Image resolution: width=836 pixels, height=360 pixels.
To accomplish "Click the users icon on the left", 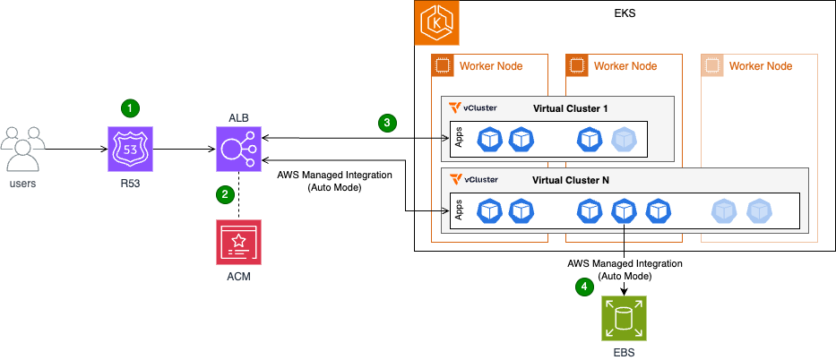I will coord(23,148).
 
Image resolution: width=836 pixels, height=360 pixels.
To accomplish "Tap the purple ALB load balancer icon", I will coord(237,148).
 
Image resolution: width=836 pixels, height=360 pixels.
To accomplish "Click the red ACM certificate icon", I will coord(237,241).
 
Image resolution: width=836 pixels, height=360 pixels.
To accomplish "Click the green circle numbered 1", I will coord(131,107).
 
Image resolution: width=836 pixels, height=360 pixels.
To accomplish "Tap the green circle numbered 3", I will coord(387,123).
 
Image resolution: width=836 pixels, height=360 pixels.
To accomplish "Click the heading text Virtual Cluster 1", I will coord(571,108).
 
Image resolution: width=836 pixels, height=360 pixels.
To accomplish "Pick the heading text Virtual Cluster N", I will coord(571,179).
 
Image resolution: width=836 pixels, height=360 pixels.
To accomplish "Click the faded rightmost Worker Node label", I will coord(760,66).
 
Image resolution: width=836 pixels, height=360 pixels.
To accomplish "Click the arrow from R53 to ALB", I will coord(184,149).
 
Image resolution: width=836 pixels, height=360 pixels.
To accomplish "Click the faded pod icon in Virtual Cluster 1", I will coord(625,139).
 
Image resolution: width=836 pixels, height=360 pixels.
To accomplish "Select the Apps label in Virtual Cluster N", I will coord(459,210).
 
